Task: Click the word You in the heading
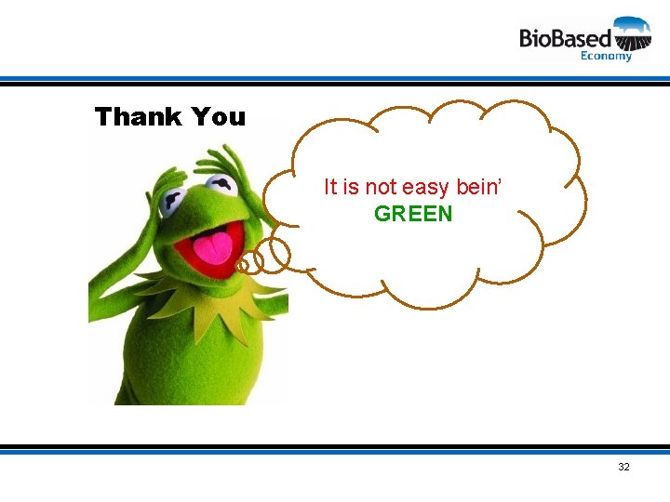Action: click(219, 117)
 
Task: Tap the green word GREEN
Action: click(413, 214)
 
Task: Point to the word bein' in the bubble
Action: click(479, 187)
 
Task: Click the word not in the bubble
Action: click(382, 187)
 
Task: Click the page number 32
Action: click(623, 467)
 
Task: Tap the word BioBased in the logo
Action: click(565, 38)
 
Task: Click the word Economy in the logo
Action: click(606, 56)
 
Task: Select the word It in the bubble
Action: click(330, 187)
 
